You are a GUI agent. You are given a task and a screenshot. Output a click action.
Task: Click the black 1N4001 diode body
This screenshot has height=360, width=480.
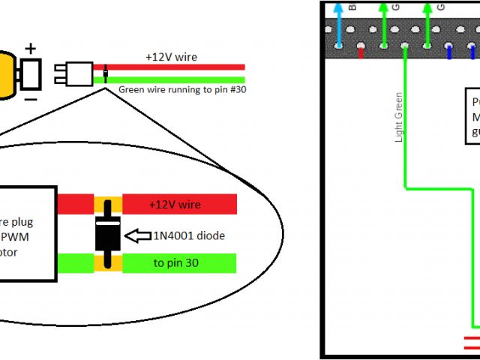pyautogui.click(x=108, y=234)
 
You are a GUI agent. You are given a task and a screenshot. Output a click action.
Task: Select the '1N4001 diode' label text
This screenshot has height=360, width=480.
pyautogui.click(x=189, y=235)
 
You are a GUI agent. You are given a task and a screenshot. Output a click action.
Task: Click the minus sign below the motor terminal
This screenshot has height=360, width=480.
pyautogui.click(x=31, y=98)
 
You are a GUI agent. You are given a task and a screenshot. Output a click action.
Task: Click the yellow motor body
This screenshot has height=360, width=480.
pyautogui.click(x=7, y=74)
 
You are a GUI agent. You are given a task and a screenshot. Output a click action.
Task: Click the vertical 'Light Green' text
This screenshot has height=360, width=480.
pyautogui.click(x=398, y=117)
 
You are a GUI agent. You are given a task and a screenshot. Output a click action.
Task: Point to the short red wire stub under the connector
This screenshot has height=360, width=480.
pyautogui.click(x=361, y=53)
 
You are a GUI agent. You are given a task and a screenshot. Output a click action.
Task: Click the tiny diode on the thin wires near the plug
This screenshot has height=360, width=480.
pyautogui.click(x=106, y=73)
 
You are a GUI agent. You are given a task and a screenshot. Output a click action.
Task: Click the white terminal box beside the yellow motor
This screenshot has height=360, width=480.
pyautogui.click(x=31, y=74)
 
